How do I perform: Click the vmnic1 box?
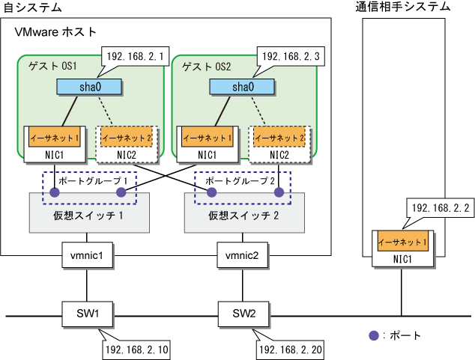coord(87,256)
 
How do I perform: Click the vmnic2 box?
coord(242,256)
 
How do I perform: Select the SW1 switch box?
coord(87,311)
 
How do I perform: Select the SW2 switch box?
coord(242,311)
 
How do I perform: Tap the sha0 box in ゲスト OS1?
coord(90,87)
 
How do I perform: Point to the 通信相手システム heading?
coord(403,7)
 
